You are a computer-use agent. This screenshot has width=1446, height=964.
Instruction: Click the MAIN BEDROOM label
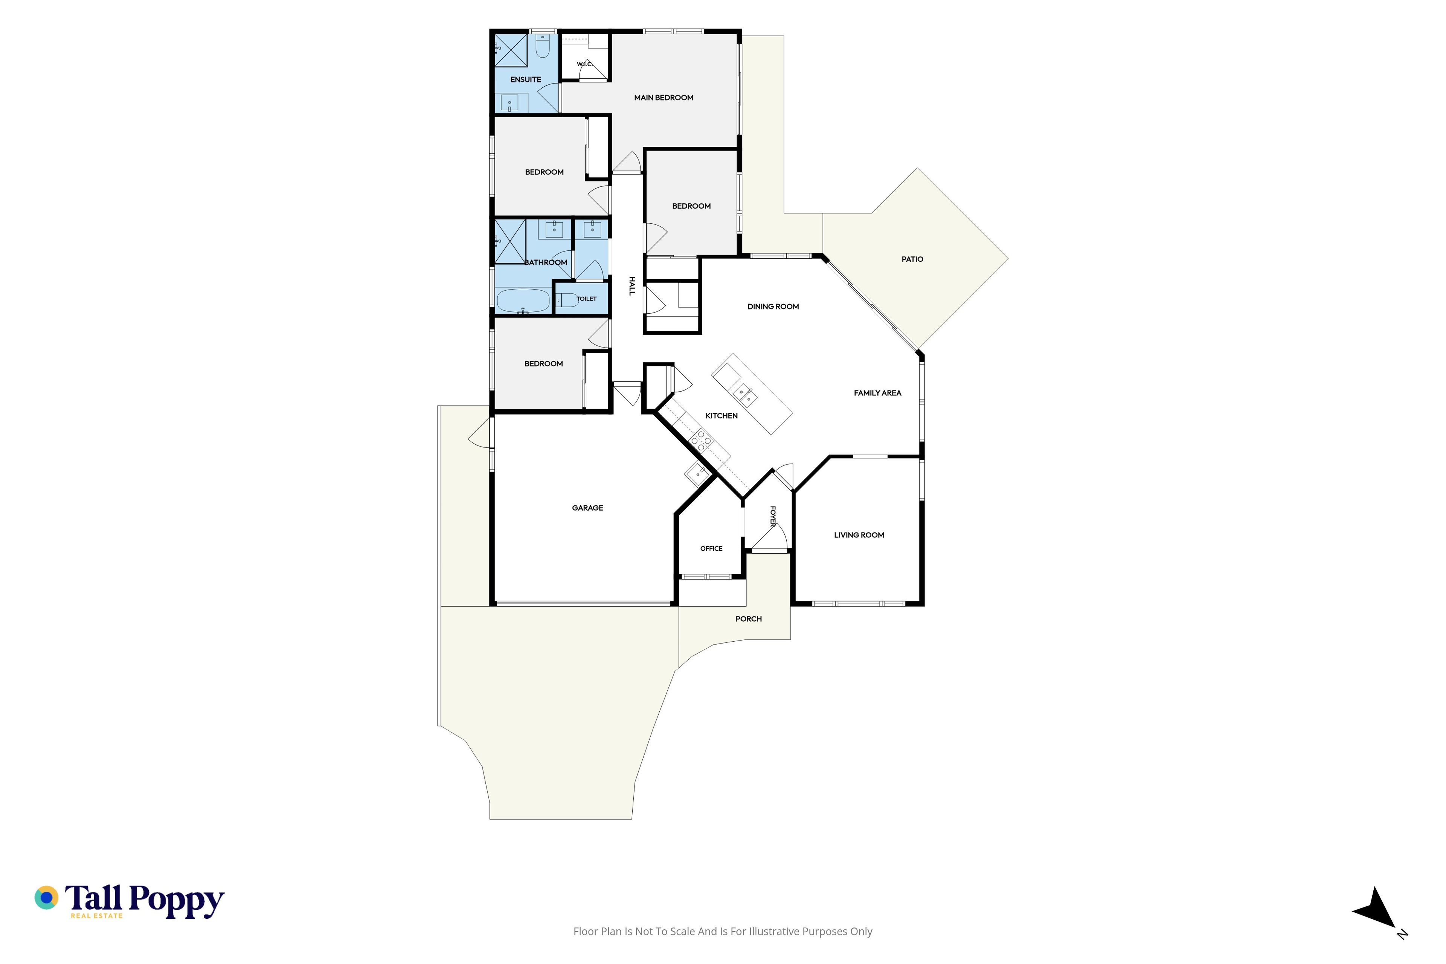click(x=664, y=98)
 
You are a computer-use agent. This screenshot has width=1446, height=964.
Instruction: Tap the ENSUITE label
click(x=526, y=79)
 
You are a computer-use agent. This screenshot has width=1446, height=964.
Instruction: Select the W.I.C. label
click(x=584, y=64)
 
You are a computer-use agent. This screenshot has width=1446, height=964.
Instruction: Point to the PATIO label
click(x=912, y=259)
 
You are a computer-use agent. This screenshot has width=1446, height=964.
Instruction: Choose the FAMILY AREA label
click(x=877, y=393)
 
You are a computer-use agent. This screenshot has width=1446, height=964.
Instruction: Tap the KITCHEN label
click(x=721, y=416)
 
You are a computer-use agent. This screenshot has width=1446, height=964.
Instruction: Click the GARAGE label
click(x=587, y=508)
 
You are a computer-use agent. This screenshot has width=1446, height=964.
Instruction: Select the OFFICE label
click(x=711, y=548)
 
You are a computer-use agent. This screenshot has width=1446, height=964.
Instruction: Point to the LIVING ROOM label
click(x=859, y=535)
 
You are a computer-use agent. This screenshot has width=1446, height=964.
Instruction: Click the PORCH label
click(x=748, y=619)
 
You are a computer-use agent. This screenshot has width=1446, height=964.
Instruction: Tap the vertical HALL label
click(x=631, y=286)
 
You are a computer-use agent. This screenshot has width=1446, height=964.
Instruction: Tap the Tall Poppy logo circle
click(x=46, y=898)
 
